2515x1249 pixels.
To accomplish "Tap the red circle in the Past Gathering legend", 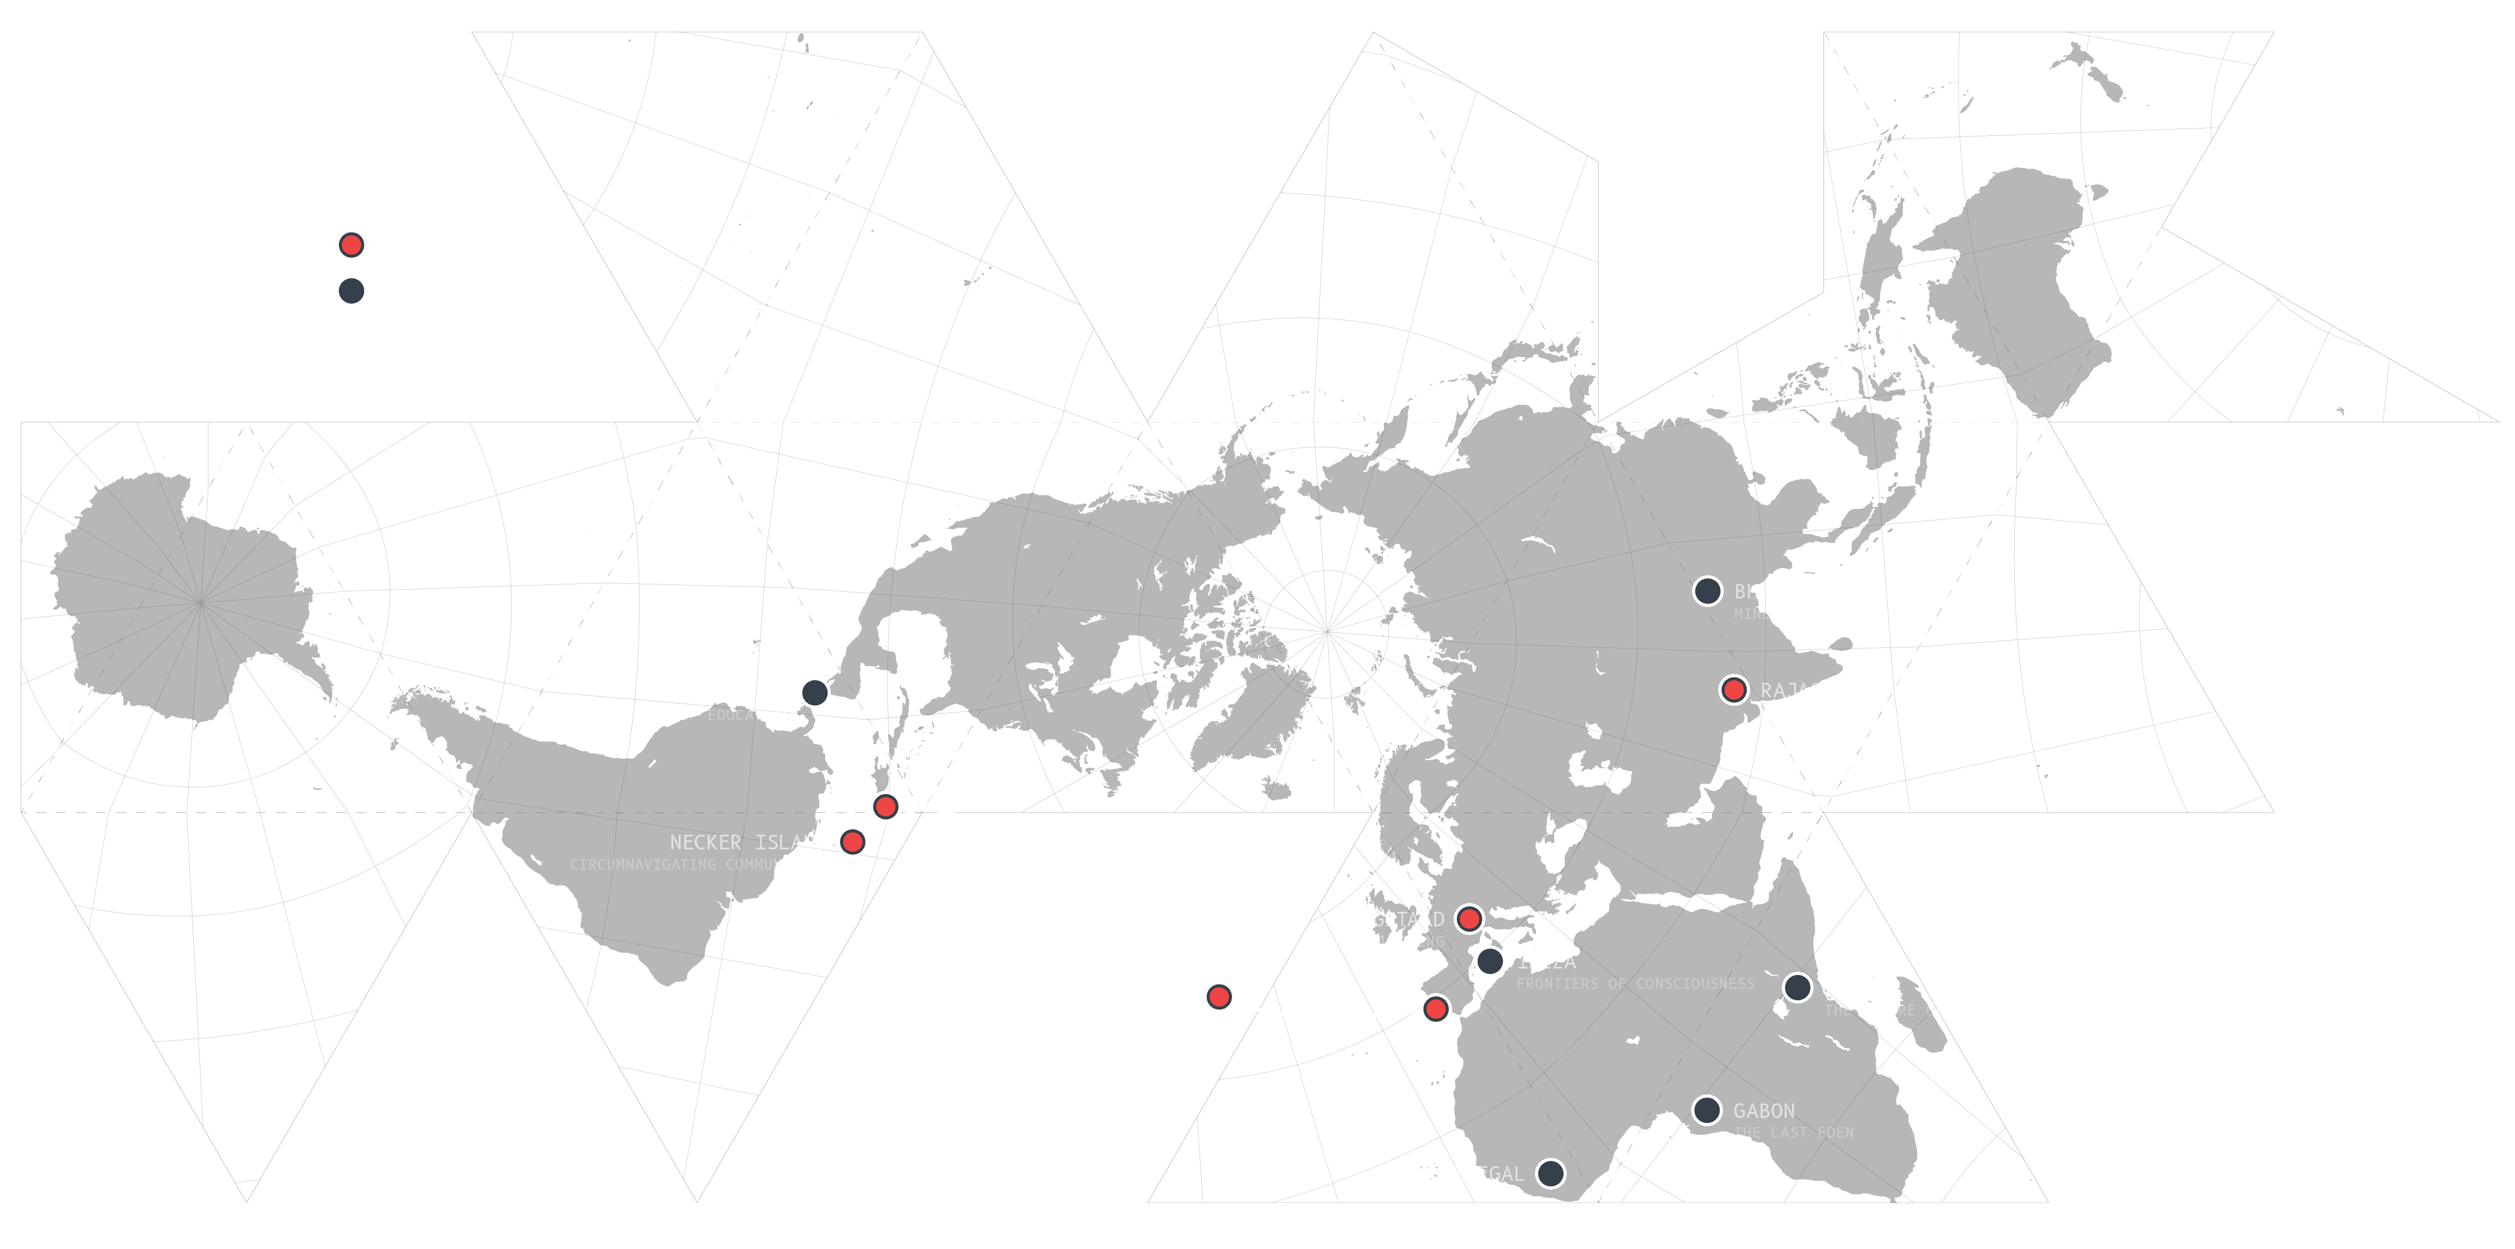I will (x=350, y=245).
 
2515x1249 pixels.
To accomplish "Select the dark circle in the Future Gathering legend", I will (x=350, y=291).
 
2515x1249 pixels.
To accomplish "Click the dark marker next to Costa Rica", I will (x=814, y=692).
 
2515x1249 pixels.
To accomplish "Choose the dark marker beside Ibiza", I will (x=1489, y=961).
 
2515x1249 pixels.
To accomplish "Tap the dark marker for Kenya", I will (x=1797, y=987).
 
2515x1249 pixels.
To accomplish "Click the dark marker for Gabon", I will (x=1707, y=1111).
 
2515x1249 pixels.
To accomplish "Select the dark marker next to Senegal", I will (x=1551, y=1173).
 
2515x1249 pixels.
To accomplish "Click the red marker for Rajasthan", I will (x=1734, y=690).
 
